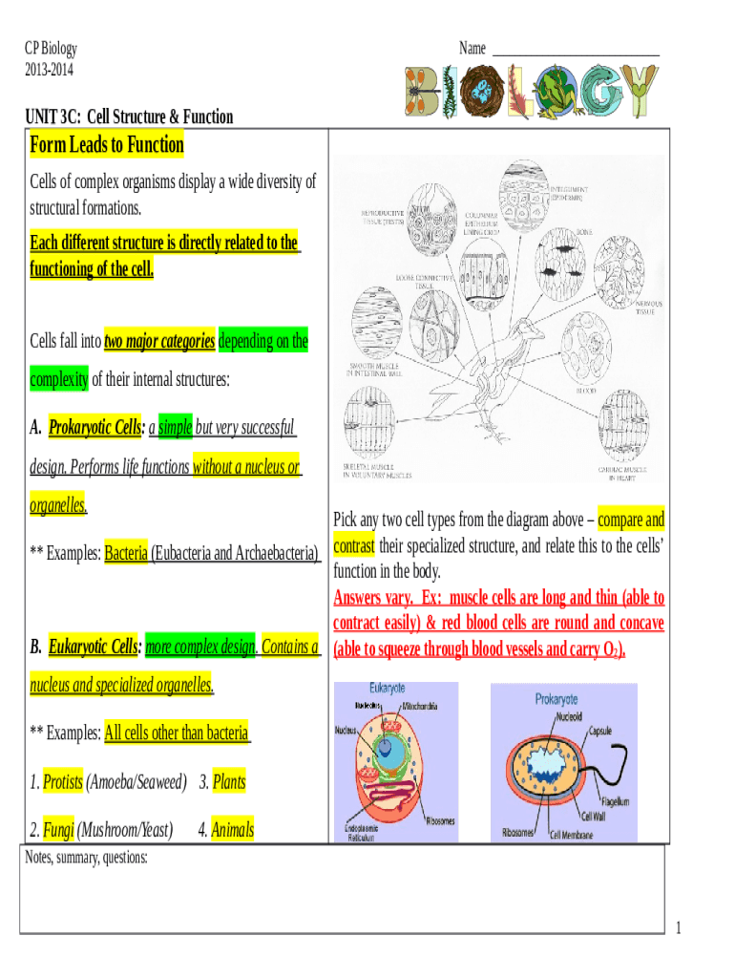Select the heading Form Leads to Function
pyautogui.click(x=107, y=145)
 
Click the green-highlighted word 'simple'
pyautogui.click(x=175, y=427)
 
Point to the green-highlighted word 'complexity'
pyautogui.click(x=59, y=379)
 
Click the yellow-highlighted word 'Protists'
pyautogui.click(x=63, y=782)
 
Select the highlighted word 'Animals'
pyautogui.click(x=233, y=830)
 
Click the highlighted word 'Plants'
pyautogui.click(x=229, y=782)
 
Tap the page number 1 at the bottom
pyautogui.click(x=677, y=927)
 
